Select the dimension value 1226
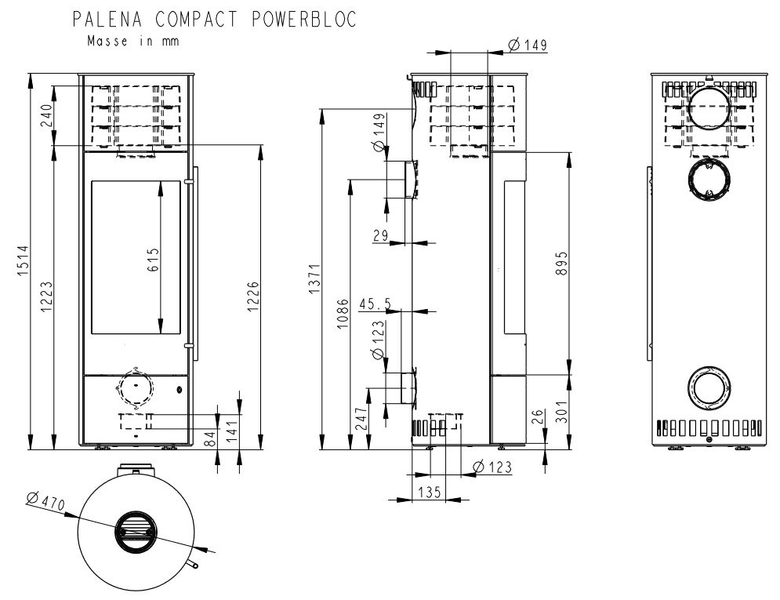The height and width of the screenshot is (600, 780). [252, 296]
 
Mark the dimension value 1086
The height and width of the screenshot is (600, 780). [343, 314]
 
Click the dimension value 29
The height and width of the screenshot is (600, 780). [380, 235]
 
